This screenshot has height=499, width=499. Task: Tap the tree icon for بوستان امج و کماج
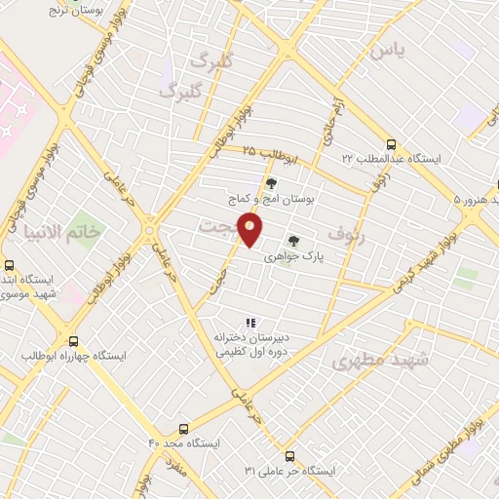pyautogui.click(x=270, y=182)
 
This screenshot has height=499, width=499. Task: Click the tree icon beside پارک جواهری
pyautogui.click(x=290, y=240)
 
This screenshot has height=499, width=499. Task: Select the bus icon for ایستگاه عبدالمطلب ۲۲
pyautogui.click(x=391, y=142)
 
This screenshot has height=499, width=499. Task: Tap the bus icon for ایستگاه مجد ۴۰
pyautogui.click(x=184, y=428)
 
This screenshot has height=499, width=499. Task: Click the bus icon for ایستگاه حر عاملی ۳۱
pyautogui.click(x=289, y=455)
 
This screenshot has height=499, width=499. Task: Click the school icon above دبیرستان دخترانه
pyautogui.click(x=249, y=322)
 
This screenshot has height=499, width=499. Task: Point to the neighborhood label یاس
pyautogui.click(x=387, y=49)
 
